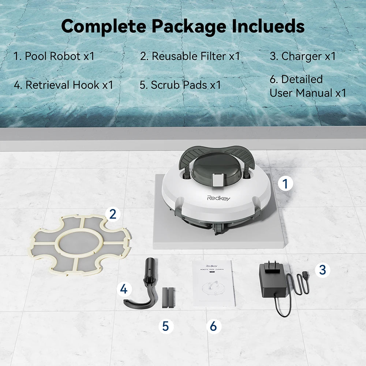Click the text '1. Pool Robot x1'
tap(54, 56)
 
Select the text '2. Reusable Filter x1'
tap(190, 56)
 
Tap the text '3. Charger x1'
tap(303, 56)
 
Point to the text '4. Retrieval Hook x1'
tap(63, 85)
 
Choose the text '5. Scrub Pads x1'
tap(180, 85)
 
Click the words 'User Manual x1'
tap(308, 93)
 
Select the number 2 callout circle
tap(113, 214)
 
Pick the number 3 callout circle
tap(322, 270)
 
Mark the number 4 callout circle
tap(124, 290)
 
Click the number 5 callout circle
tap(166, 326)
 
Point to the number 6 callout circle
tap(213, 326)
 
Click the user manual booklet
tap(213, 283)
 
